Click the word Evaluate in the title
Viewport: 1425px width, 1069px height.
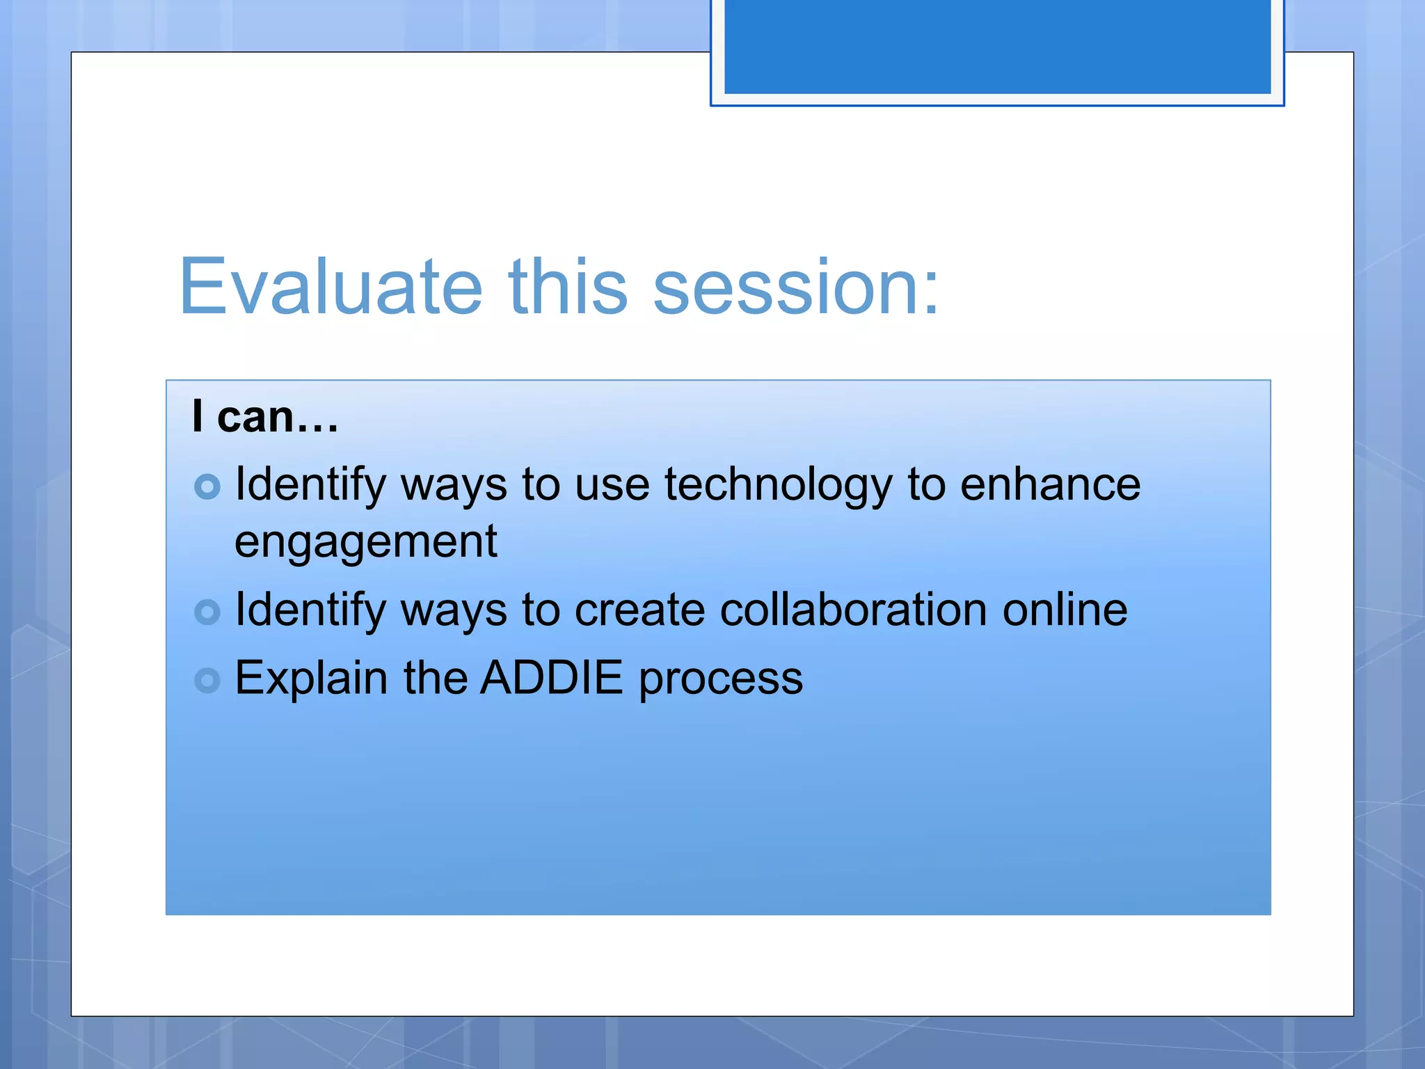331,287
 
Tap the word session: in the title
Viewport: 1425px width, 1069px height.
796,287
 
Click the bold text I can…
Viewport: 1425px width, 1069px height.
265,417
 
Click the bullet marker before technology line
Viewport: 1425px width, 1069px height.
207,486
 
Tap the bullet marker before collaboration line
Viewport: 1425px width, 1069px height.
207,612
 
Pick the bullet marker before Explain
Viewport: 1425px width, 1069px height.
207,680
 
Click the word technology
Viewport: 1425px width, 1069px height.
778,485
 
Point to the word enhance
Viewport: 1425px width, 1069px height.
1050,485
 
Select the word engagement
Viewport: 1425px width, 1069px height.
366,542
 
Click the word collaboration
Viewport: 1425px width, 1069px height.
852,610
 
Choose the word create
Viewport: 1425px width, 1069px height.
639,610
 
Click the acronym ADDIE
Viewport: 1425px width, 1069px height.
551,678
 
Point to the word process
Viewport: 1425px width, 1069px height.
721,679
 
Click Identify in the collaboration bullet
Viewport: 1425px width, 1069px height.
310,611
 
